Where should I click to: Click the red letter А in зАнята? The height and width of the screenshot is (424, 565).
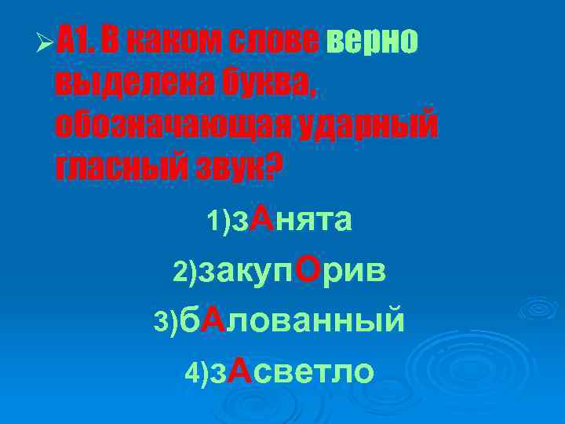click(x=264, y=220)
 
